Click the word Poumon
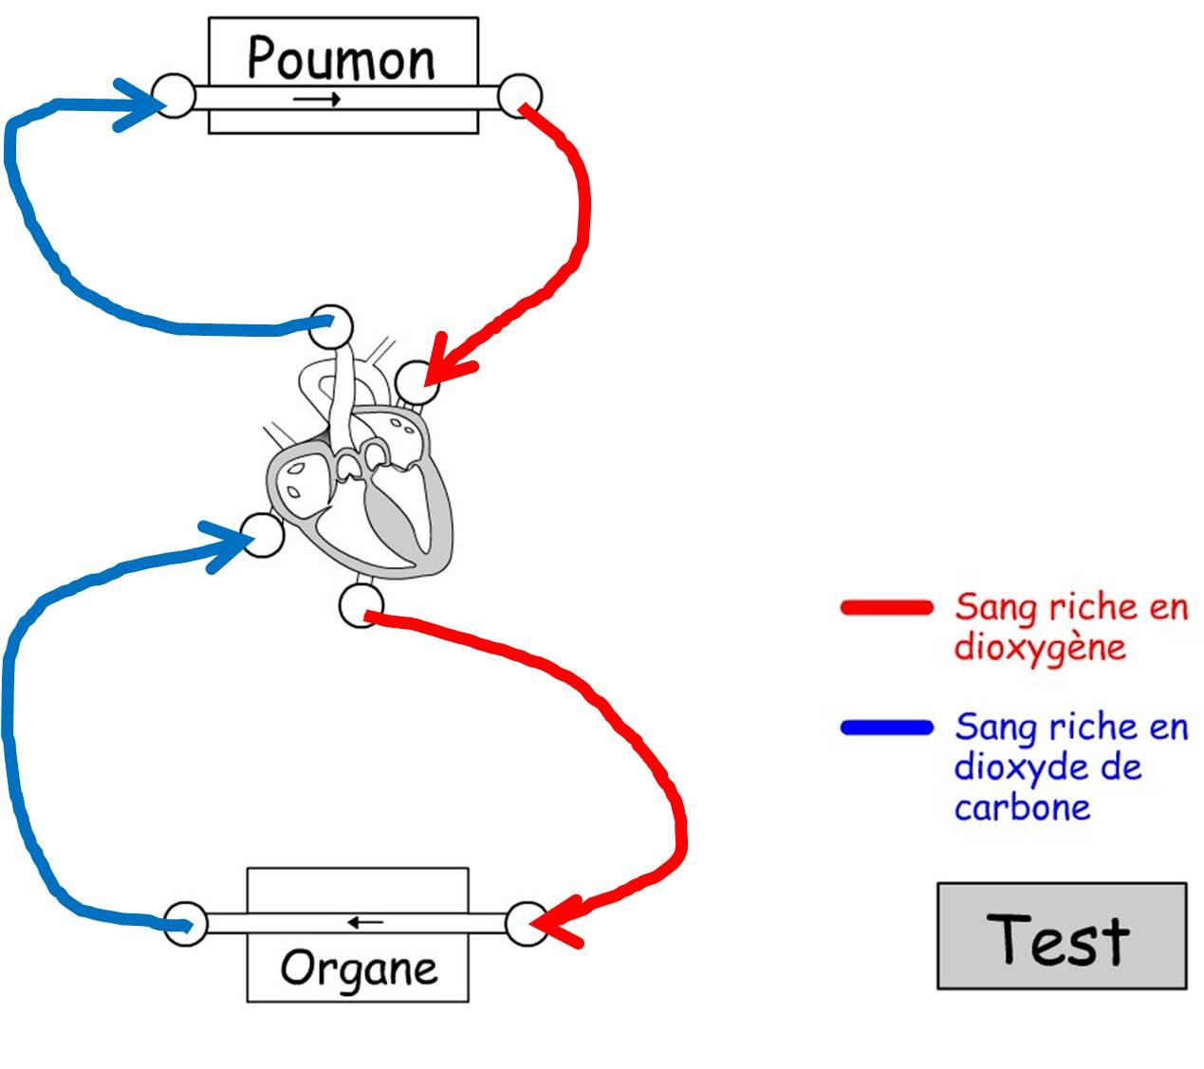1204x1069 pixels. (x=341, y=59)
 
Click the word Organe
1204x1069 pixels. (x=359, y=968)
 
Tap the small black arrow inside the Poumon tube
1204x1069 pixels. (x=317, y=100)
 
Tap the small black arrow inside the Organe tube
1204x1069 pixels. (x=365, y=921)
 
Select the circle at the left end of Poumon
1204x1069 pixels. (x=174, y=96)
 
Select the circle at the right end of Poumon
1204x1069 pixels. (x=520, y=96)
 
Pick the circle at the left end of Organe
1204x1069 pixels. (x=185, y=923)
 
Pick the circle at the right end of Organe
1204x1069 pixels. (x=527, y=923)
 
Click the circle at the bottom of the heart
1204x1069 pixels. (x=361, y=604)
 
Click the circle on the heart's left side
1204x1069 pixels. (x=263, y=534)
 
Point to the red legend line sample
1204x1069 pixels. (x=887, y=608)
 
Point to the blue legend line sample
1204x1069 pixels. (x=887, y=728)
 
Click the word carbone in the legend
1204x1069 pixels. (x=1022, y=808)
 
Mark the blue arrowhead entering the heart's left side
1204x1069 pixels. (x=228, y=545)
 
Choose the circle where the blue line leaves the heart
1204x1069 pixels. (x=331, y=327)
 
